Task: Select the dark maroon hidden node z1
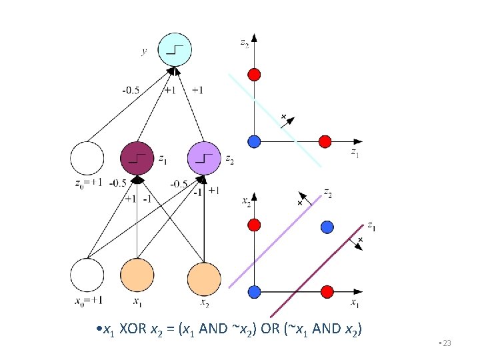click(x=137, y=159)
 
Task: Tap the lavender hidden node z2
click(x=204, y=159)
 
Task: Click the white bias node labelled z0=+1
click(x=87, y=159)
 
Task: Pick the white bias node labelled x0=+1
click(x=87, y=275)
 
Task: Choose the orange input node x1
click(x=137, y=275)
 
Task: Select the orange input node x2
click(x=204, y=279)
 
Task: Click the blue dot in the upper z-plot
click(x=253, y=141)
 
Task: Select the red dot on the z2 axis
click(x=253, y=73)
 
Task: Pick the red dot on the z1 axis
click(x=325, y=141)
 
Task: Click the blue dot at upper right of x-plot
click(x=326, y=227)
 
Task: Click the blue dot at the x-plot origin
click(x=253, y=291)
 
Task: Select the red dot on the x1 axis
click(x=326, y=291)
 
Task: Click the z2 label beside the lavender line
click(x=327, y=193)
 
